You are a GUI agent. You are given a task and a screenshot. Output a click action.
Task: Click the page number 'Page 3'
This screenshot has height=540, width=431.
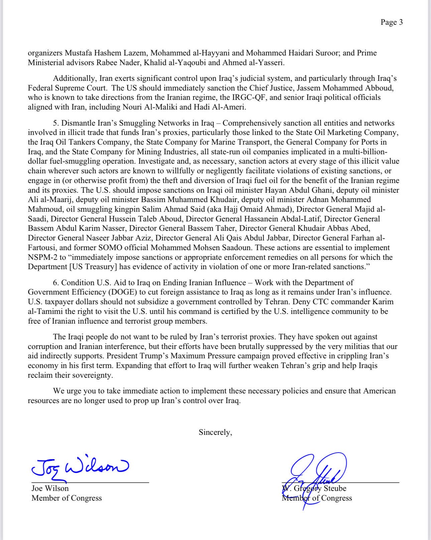tap(392, 22)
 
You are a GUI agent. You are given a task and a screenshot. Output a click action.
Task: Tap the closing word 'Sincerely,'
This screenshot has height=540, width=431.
tap(215, 432)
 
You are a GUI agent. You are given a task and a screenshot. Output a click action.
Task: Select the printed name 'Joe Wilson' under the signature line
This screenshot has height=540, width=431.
tap(50, 488)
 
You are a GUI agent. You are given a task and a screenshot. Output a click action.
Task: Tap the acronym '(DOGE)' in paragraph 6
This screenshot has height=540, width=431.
tap(122, 292)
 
